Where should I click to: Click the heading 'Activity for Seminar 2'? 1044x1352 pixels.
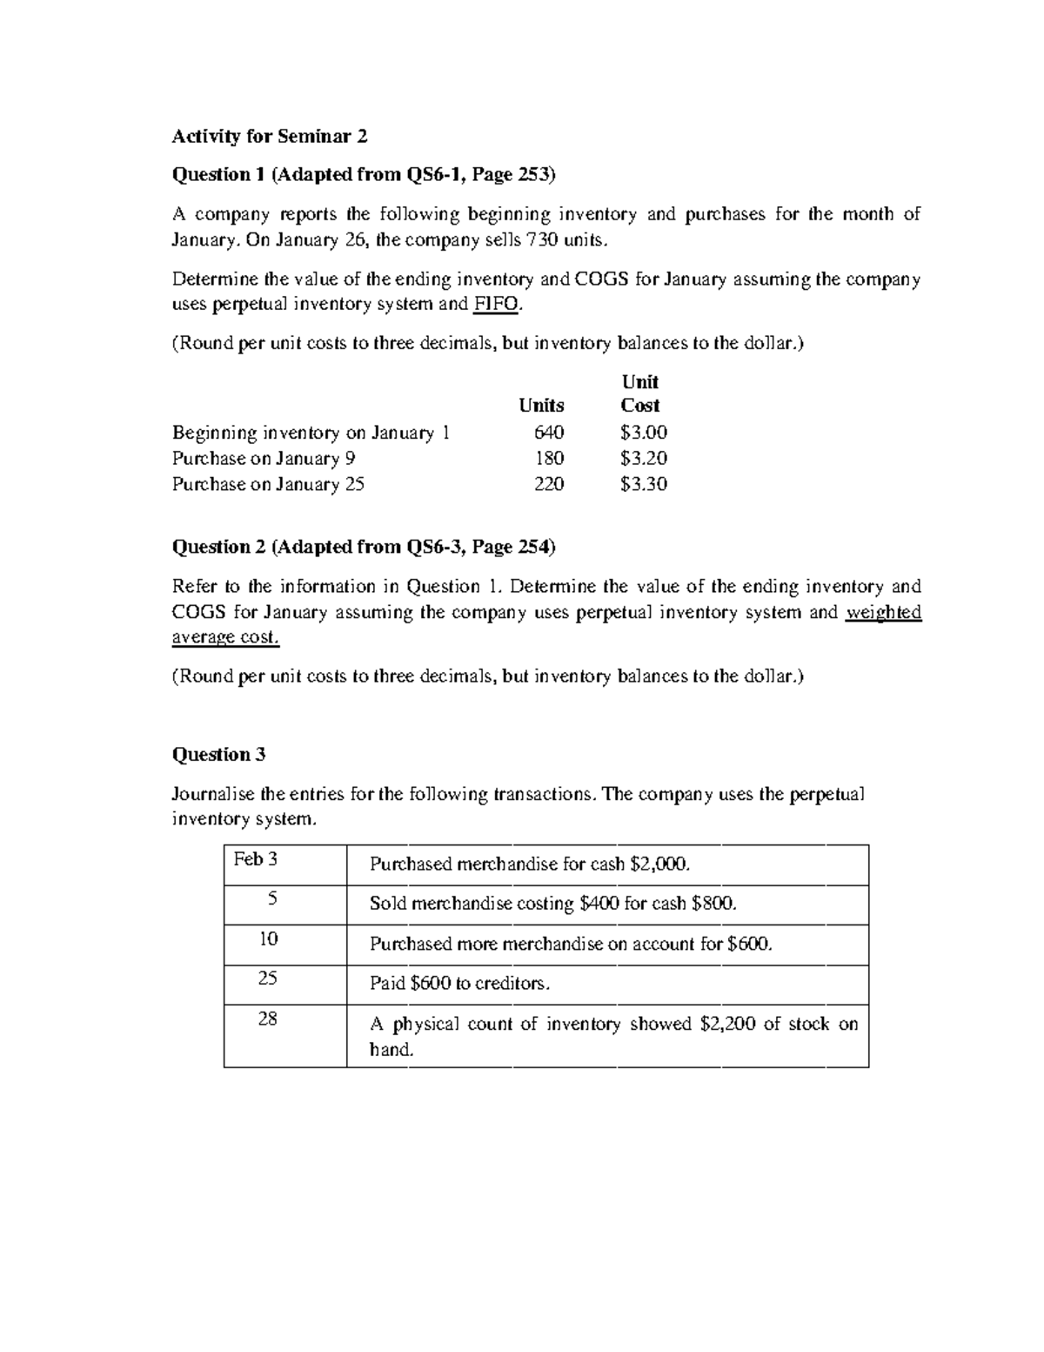point(270,136)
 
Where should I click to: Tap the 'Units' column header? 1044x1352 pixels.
point(541,406)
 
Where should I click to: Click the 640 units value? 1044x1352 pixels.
point(549,433)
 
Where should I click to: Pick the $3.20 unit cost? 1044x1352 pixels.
point(643,459)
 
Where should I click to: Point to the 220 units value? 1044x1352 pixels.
point(549,484)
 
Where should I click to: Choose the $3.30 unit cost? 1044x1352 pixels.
point(643,484)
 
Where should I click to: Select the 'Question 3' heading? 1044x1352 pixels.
point(218,755)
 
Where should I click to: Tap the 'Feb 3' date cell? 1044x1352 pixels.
point(256,860)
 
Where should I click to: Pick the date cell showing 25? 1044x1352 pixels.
point(268,979)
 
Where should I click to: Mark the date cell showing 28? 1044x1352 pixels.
point(268,1018)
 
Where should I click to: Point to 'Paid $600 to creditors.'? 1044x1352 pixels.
point(460,984)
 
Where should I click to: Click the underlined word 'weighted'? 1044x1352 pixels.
point(883,612)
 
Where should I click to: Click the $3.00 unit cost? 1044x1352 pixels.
point(643,433)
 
